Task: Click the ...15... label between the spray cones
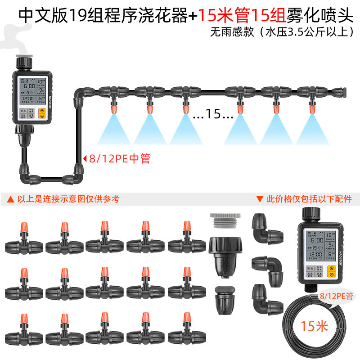213,115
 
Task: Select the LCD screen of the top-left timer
29,92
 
